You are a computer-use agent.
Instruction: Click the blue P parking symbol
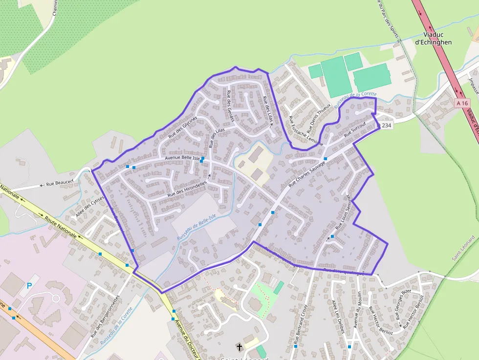tap(29, 285)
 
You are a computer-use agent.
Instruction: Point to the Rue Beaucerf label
tap(56, 184)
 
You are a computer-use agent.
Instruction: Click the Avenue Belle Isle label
tap(182, 158)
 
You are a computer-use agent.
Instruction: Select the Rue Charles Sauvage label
tap(306, 174)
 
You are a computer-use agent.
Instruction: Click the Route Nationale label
tap(61, 227)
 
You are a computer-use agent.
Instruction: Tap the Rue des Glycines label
tap(183, 127)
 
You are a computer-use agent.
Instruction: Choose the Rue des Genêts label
tap(231, 106)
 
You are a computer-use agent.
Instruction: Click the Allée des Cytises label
tap(90, 207)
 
